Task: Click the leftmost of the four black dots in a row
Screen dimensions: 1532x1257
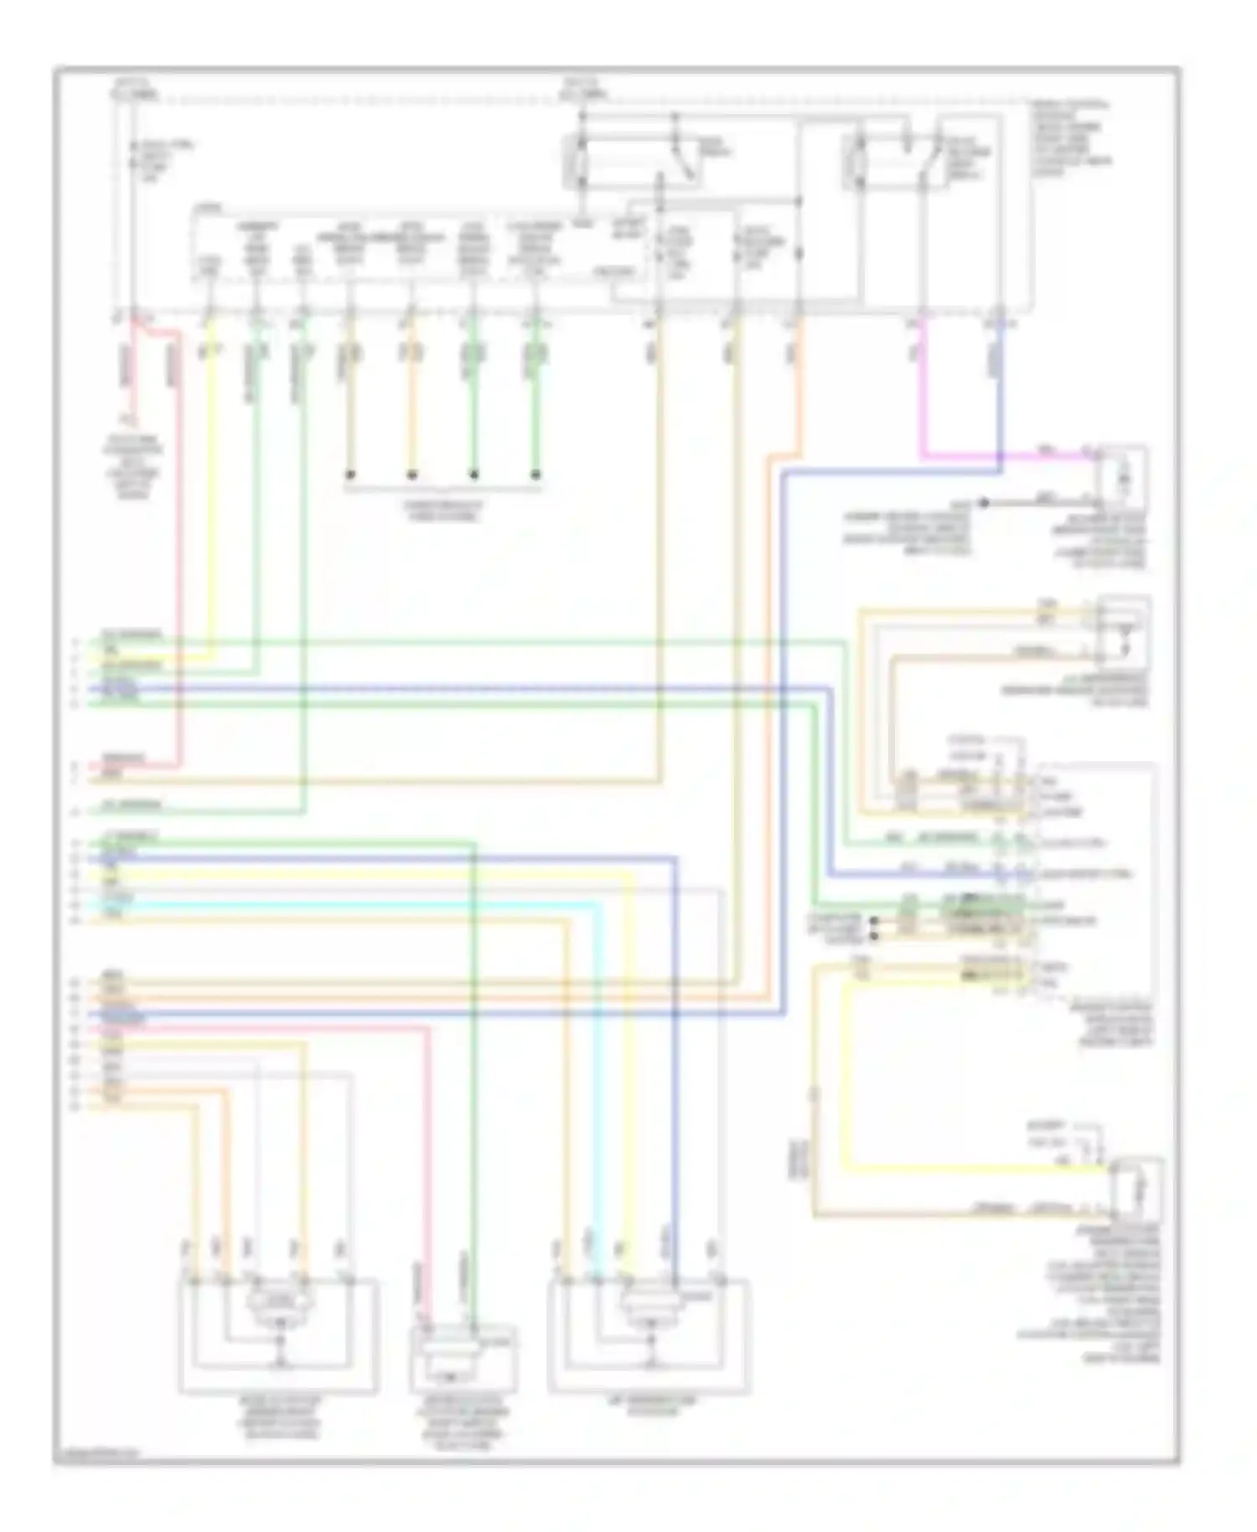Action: pos(351,474)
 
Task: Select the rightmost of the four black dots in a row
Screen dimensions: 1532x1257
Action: pos(536,474)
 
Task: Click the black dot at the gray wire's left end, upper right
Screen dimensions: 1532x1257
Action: pos(986,503)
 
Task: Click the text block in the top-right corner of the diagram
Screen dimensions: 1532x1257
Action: pos(1068,138)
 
